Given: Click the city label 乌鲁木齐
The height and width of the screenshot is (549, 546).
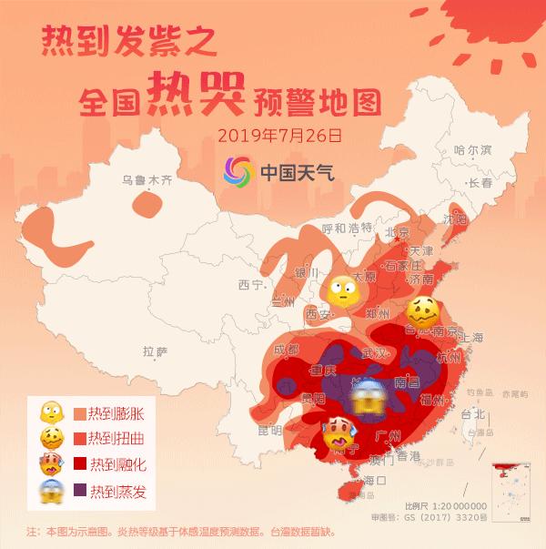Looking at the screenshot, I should [x=147, y=179].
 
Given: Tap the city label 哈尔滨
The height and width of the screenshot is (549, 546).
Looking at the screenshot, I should [x=472, y=149].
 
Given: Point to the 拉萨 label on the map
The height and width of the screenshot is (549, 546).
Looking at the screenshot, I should [x=156, y=351].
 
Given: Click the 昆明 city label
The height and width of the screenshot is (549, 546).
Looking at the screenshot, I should [x=270, y=430].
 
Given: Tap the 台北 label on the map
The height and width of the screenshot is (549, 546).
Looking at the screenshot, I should [x=473, y=412].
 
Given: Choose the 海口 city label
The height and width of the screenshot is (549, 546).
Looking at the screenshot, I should [x=375, y=480].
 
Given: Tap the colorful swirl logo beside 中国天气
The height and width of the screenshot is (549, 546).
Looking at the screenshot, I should [x=238, y=170].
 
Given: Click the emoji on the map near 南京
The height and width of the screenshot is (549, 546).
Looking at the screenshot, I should [x=424, y=313].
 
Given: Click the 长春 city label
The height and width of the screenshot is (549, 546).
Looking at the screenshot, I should [x=480, y=183].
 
